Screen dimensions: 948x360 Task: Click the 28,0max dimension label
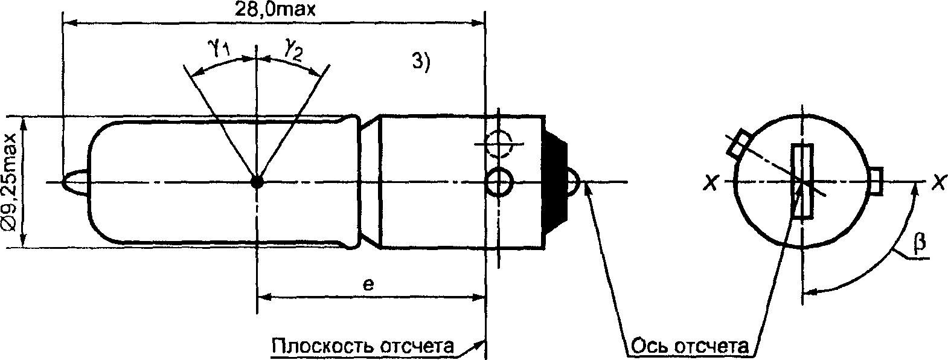click(275, 9)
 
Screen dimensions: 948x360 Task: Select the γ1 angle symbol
click(219, 48)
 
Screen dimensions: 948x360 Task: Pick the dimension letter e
click(368, 284)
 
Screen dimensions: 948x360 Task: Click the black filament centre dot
click(257, 182)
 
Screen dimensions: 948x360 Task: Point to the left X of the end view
click(711, 182)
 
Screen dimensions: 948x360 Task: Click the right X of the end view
click(938, 182)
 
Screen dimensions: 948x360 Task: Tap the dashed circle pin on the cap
click(499, 144)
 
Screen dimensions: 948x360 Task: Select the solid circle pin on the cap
click(499, 182)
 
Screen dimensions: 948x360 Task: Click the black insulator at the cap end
click(555, 182)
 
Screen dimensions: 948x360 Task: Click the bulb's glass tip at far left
click(75, 182)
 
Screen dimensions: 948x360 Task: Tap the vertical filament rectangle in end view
click(802, 181)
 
